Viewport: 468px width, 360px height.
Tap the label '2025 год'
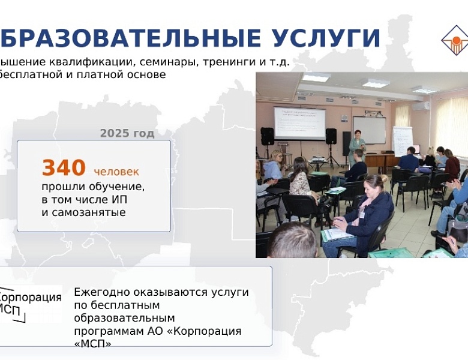tap(127, 133)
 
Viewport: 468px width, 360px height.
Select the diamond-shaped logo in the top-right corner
tap(454, 40)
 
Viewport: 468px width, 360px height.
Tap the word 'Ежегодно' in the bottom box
tap(101, 292)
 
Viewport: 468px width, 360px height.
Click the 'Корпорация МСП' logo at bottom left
tap(29, 304)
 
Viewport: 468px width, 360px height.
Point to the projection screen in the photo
tap(299, 122)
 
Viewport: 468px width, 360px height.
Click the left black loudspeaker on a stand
tap(267, 136)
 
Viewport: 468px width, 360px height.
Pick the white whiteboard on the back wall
tap(369, 130)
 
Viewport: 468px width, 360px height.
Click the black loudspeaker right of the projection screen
tap(331, 136)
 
